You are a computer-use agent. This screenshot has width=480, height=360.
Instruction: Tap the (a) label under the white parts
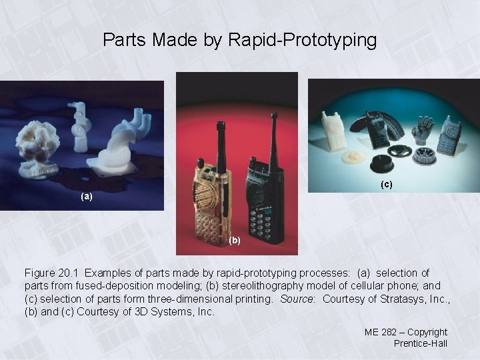pos(86,197)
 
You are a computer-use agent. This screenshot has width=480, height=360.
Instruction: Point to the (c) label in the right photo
pos(387,183)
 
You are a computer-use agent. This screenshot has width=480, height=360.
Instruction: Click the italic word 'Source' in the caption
pos(297,299)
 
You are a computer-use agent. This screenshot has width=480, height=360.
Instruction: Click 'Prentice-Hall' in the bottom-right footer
pos(421,343)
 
